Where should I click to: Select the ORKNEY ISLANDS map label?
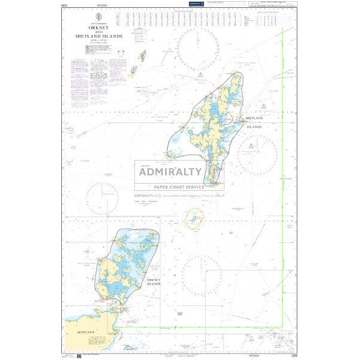coord(151,281)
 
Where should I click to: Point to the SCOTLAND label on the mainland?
coord(87,332)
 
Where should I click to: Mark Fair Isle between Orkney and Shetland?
coord(193,218)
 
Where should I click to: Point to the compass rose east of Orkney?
coord(202,275)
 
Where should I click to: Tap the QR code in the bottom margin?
coord(79,356)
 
